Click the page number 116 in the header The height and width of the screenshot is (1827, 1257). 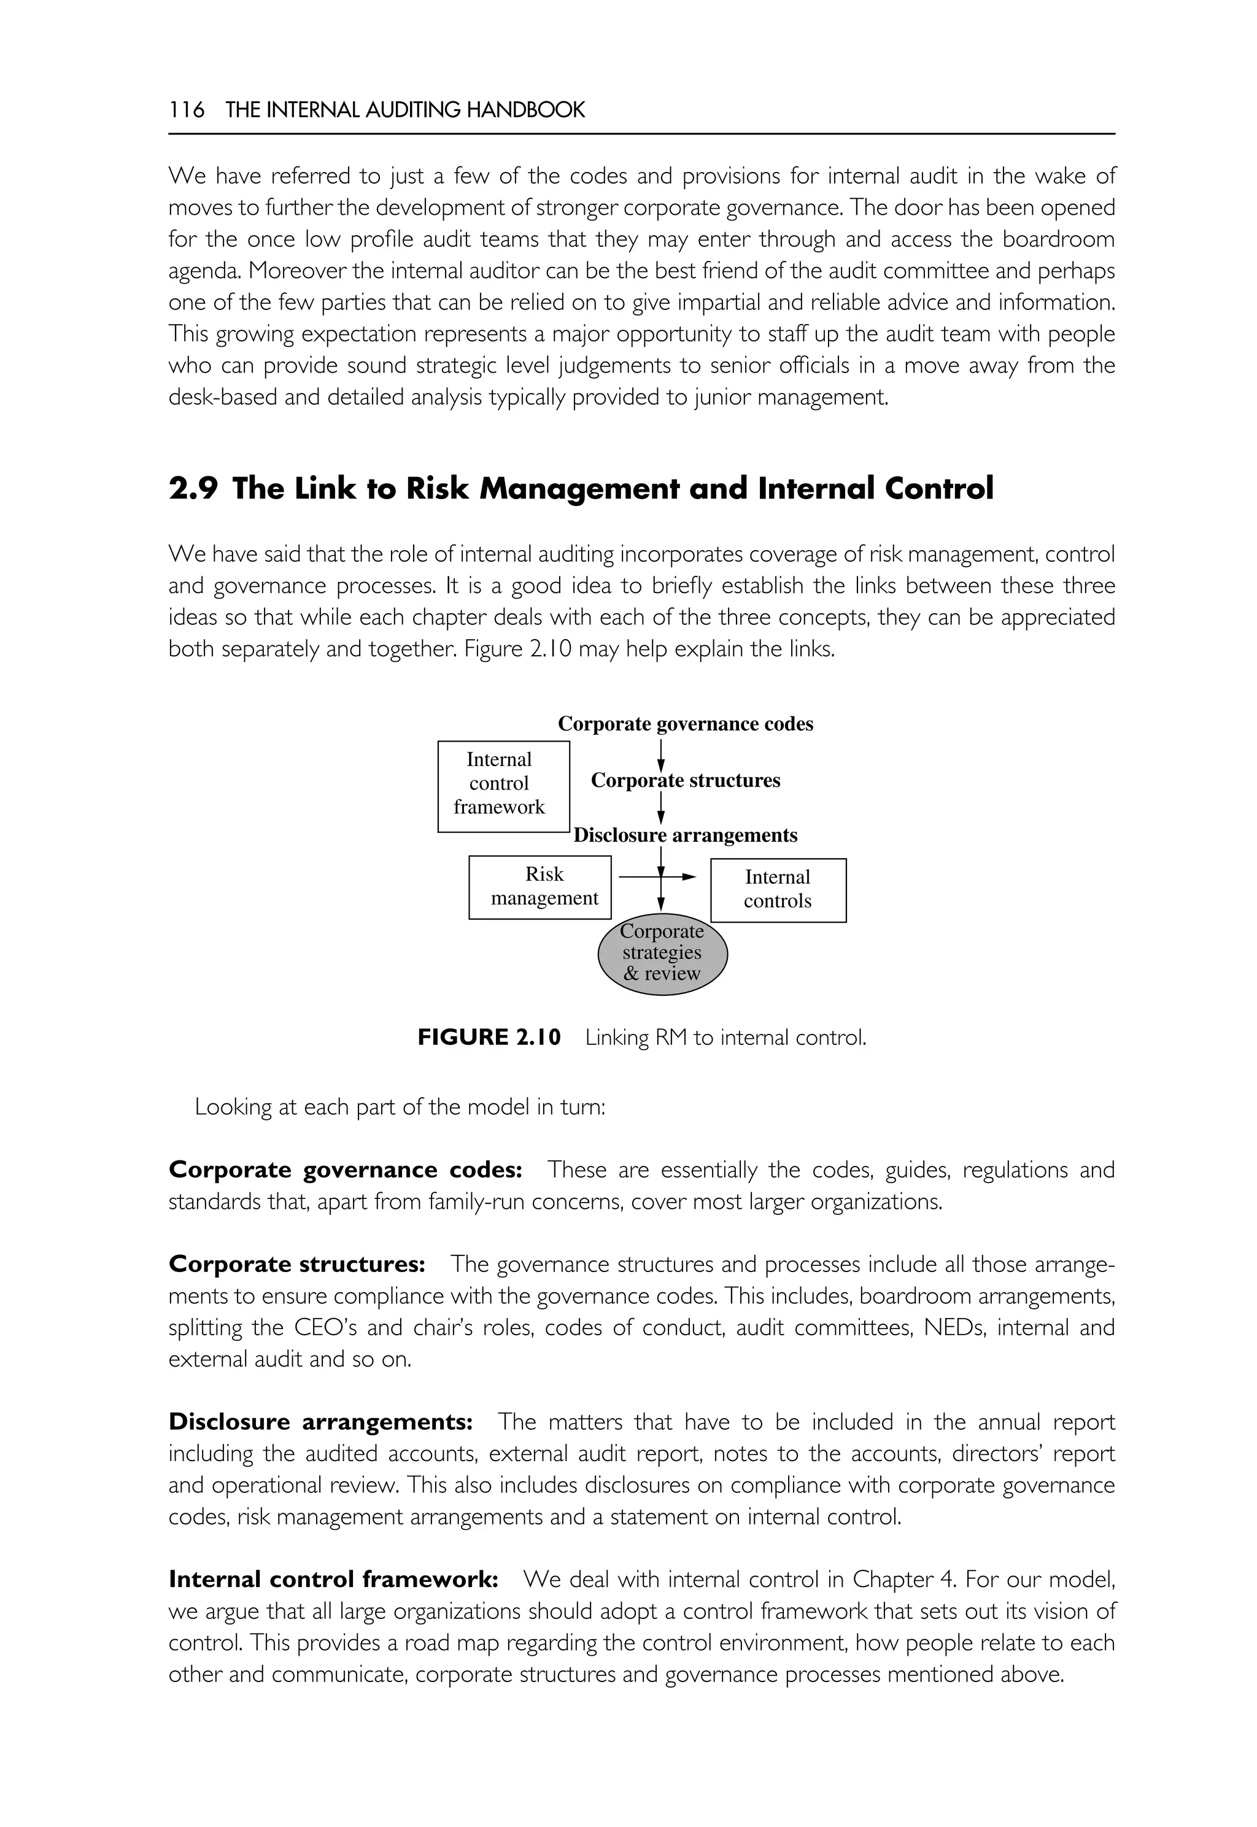[x=186, y=111]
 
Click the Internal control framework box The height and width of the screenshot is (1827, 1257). [x=503, y=786]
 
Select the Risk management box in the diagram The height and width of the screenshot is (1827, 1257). [x=540, y=887]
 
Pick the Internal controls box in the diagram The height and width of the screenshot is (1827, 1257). [x=778, y=890]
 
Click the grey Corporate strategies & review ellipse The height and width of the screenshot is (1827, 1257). [x=662, y=953]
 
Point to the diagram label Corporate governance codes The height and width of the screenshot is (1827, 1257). [x=685, y=724]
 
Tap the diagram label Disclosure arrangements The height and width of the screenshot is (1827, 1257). [x=685, y=835]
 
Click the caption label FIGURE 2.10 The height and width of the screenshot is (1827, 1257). [x=489, y=1038]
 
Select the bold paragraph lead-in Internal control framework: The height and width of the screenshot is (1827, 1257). [x=333, y=1580]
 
